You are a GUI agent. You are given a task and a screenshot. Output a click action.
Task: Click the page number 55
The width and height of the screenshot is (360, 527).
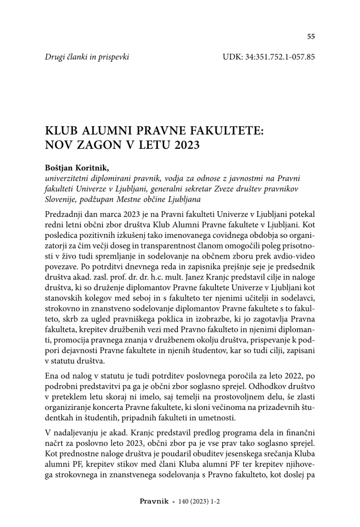(x=311, y=36)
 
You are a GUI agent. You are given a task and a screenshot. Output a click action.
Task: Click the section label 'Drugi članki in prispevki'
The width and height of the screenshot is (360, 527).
(x=87, y=56)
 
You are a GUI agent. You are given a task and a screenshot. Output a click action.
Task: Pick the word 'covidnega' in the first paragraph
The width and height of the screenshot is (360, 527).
(x=215, y=233)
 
